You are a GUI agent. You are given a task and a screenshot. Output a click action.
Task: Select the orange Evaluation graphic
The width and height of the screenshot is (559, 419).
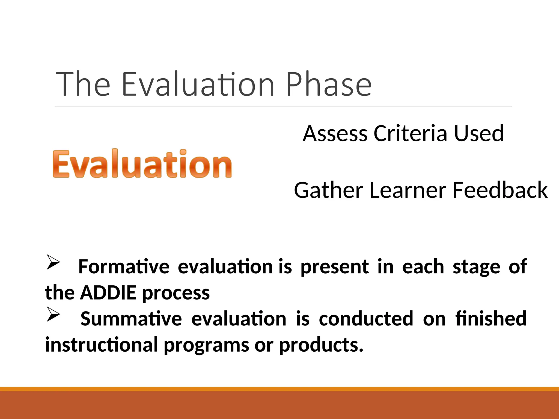tap(142, 164)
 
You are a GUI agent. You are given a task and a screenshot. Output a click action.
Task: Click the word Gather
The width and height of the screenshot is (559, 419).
tap(329, 190)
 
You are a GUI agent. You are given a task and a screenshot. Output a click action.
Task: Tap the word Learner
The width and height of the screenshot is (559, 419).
tap(408, 190)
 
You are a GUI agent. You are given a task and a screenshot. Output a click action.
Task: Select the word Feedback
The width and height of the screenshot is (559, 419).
tap(500, 190)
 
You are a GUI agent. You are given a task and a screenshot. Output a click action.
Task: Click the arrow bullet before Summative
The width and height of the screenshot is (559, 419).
tap(53, 314)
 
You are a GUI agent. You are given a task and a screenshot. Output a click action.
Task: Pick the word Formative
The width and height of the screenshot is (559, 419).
tap(124, 267)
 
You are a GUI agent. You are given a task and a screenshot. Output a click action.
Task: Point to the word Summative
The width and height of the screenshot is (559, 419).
tap(131, 319)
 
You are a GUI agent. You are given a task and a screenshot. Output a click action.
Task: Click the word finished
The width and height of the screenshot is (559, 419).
tap(490, 319)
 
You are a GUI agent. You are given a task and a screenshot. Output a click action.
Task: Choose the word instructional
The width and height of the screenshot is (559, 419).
tap(102, 345)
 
